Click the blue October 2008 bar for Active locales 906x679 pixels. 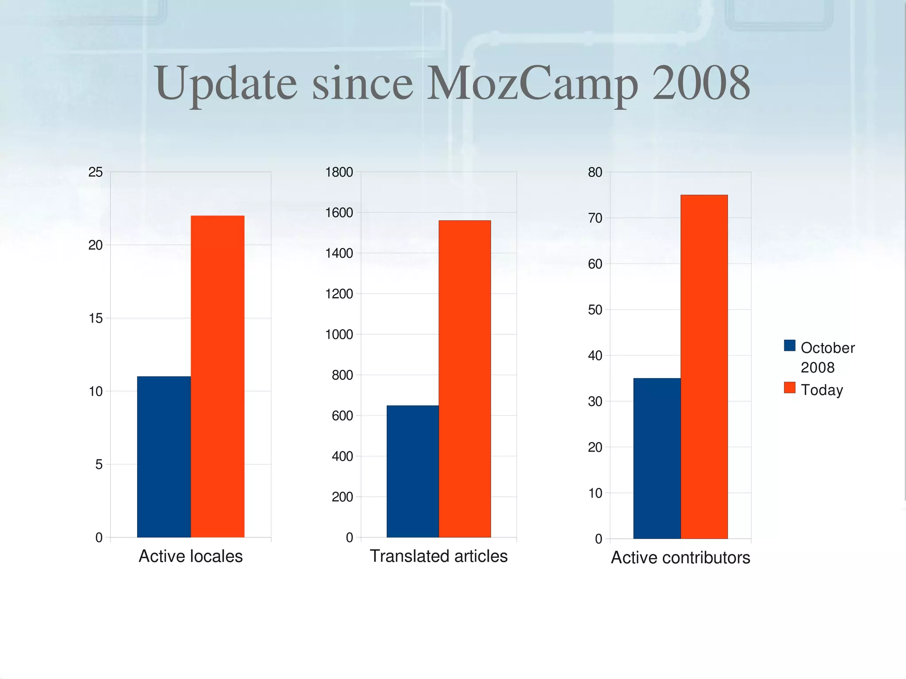click(164, 457)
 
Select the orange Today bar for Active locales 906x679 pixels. click(217, 376)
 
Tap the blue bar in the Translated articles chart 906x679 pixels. click(412, 471)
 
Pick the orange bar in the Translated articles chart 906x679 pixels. click(465, 379)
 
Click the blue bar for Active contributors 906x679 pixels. click(656, 458)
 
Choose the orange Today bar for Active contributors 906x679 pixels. click(704, 366)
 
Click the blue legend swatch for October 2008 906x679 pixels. click(789, 345)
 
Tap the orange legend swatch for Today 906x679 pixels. click(789, 388)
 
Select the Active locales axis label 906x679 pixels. click(191, 556)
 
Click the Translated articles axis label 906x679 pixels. click(438, 556)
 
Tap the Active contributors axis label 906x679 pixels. click(680, 558)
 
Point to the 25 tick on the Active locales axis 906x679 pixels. click(96, 172)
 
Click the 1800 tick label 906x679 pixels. click(339, 172)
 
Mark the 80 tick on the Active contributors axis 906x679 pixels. click(595, 172)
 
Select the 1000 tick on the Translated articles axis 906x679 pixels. click(339, 334)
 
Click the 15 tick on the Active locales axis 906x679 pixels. click(96, 318)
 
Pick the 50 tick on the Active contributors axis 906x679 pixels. click(595, 310)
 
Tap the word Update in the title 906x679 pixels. click(226, 84)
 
